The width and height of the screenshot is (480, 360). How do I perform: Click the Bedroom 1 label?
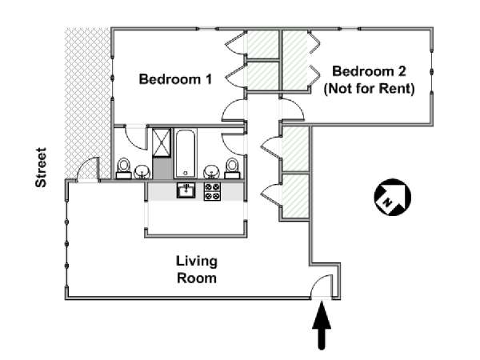[x=175, y=79]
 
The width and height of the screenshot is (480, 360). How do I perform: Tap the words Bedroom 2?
[x=369, y=71]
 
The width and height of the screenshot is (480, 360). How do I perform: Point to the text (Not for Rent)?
[x=369, y=89]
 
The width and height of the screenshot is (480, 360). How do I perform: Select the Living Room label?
[x=197, y=270]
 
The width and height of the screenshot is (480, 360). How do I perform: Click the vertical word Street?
[x=41, y=167]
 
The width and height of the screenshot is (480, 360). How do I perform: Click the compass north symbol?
[x=393, y=198]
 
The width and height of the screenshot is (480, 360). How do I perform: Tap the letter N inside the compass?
[x=388, y=202]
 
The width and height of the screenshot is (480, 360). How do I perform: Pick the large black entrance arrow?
[x=322, y=326]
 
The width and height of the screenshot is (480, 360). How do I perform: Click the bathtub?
[x=186, y=154]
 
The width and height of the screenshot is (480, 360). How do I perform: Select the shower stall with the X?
[x=162, y=142]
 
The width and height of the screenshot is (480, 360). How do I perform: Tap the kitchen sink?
[x=186, y=190]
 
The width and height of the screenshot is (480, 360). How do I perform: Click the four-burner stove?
[x=212, y=191]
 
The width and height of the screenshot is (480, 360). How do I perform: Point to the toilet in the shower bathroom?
[x=124, y=168]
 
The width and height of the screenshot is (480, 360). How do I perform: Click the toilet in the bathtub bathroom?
[x=232, y=168]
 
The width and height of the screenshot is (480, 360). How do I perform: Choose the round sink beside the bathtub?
[x=211, y=172]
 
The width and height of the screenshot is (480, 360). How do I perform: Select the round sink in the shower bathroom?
[x=142, y=172]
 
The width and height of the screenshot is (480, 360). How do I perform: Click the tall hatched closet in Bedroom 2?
[x=294, y=60]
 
